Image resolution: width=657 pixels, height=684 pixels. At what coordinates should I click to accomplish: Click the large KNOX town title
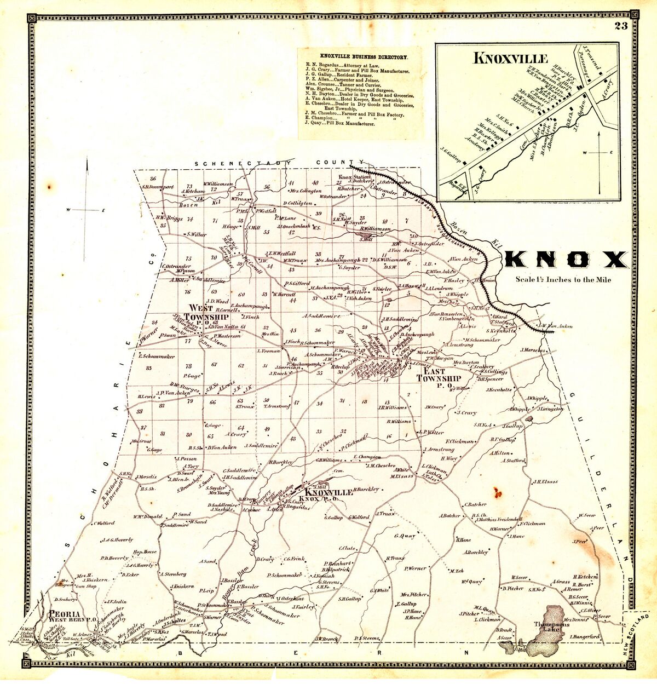click(x=566, y=260)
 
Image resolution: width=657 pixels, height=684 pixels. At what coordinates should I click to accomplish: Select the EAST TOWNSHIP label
click(x=439, y=378)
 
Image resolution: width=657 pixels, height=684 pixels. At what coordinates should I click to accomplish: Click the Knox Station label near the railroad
click(x=354, y=177)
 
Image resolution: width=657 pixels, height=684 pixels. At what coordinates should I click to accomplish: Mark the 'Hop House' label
click(x=145, y=551)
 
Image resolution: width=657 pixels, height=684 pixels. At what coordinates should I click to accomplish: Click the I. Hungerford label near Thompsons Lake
click(x=585, y=637)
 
